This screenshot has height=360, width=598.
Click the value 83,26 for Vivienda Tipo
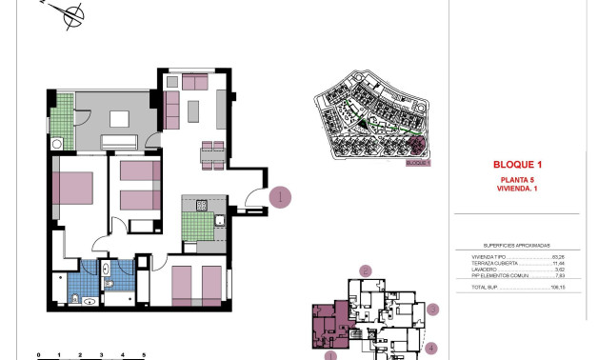[x=558, y=257]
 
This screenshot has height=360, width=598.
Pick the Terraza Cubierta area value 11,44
[x=558, y=264]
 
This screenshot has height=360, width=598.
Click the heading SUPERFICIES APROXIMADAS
[x=517, y=244]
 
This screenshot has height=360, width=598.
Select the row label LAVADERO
[x=484, y=270]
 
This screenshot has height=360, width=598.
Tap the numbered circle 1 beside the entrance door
[x=280, y=198]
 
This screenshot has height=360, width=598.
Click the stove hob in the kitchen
[x=202, y=206]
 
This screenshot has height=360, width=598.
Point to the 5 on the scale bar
[x=143, y=354]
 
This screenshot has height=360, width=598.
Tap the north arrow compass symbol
[x=69, y=13]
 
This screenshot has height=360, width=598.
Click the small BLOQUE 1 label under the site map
[x=418, y=163]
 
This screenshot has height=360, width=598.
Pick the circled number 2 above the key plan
[x=364, y=271]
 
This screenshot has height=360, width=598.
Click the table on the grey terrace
[x=119, y=120]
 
